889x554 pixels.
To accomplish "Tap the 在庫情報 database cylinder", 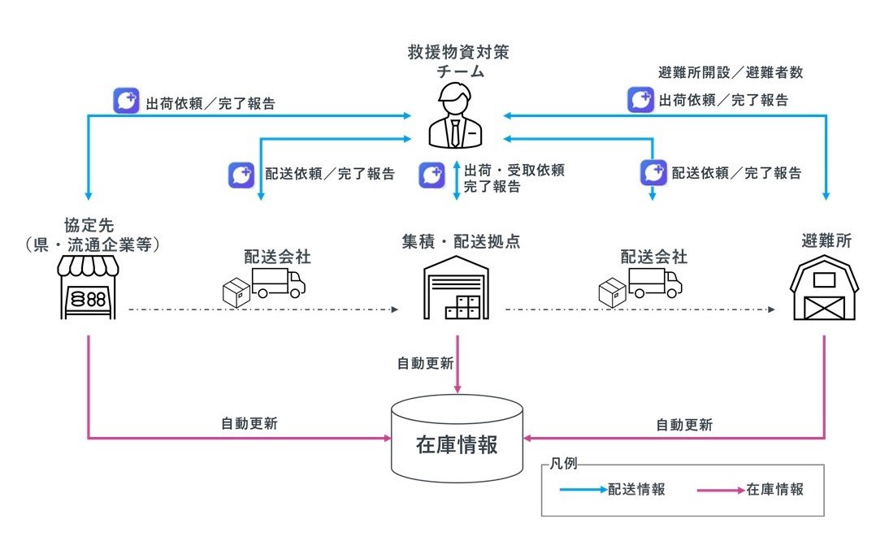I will click(457, 439).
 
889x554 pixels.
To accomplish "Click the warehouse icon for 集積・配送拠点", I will click(458, 288).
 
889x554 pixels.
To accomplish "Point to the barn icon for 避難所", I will click(824, 288).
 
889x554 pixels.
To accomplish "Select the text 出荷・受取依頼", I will click(514, 171).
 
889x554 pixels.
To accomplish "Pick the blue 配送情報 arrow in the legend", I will click(582, 490).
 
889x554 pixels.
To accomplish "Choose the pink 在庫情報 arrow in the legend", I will click(720, 490).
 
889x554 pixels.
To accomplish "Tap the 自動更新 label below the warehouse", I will click(425, 363).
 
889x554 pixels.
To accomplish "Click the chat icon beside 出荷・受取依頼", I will click(432, 175).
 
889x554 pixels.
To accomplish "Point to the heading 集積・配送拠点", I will click(460, 241).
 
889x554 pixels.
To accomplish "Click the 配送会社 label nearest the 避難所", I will click(654, 257).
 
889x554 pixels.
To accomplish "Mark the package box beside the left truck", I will click(236, 293).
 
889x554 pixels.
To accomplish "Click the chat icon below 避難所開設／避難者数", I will click(640, 101).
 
